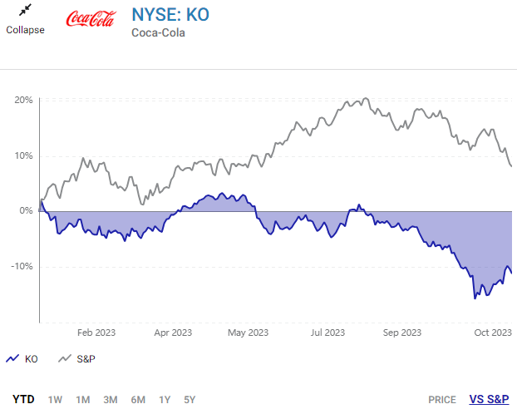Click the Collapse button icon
coord(25,11)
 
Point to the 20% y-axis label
coord(23,100)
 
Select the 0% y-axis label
coord(27,211)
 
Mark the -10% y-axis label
coord(22,267)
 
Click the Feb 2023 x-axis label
coord(96,333)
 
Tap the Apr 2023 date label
coord(173,333)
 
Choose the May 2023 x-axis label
coord(248,333)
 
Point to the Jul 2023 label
coord(327,333)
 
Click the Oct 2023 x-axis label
coord(492,333)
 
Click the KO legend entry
coord(22,358)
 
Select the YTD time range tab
coord(23,399)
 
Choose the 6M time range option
coord(139,399)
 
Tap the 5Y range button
coord(190,399)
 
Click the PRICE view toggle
coord(442,399)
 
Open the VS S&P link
coord(489,399)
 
